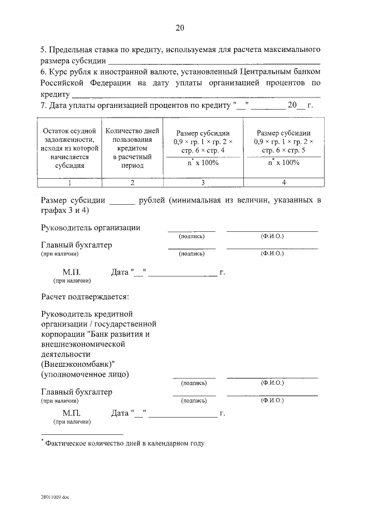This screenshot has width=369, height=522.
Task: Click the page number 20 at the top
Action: [179, 28]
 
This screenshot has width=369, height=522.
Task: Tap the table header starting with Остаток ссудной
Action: [69, 148]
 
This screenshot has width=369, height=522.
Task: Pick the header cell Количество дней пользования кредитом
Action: [132, 147]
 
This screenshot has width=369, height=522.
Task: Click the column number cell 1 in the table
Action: [69, 183]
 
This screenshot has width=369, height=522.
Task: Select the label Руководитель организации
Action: [91, 228]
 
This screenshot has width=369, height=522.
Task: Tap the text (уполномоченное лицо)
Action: [85, 374]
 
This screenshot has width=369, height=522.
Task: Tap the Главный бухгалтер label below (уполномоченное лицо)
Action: [76, 392]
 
